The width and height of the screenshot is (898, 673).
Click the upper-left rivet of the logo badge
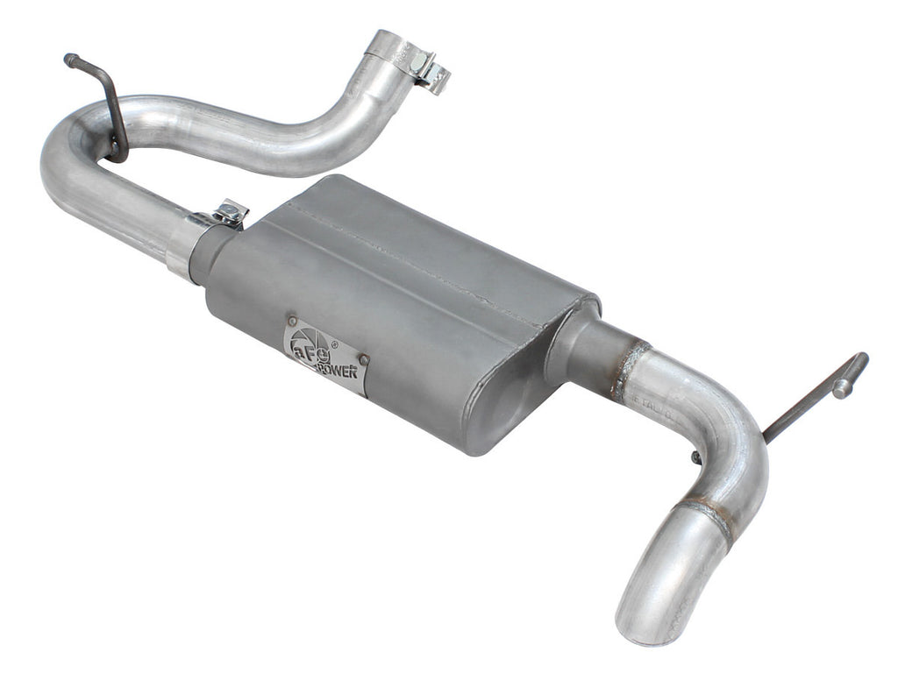[292, 322]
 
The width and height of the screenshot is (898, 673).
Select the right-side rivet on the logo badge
[363, 358]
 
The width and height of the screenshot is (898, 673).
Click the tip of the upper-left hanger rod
[69, 60]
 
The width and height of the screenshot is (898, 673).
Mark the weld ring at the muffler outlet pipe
[630, 369]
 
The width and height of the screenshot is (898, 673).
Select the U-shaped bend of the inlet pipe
[66, 158]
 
